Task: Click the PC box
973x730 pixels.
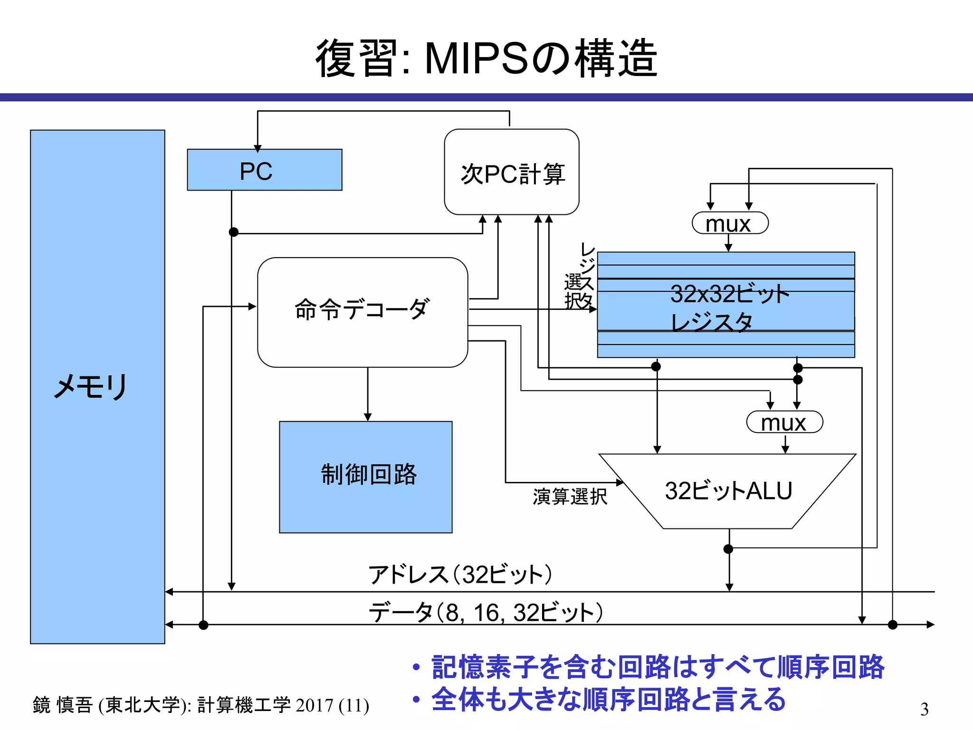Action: tap(264, 170)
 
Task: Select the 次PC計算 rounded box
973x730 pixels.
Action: tap(511, 172)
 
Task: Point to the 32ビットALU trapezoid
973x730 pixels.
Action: tap(727, 491)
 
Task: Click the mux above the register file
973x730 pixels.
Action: tap(730, 223)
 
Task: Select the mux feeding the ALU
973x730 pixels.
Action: tap(784, 422)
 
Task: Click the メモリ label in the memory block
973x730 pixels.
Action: tap(90, 386)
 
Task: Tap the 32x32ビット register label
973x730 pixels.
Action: tap(729, 294)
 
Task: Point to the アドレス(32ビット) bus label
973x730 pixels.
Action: tap(460, 575)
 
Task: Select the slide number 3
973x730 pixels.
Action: tap(924, 709)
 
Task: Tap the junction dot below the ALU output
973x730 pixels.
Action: tap(728, 549)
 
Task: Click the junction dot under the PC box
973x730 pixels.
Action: tap(233, 232)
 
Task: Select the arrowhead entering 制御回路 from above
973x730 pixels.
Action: tap(367, 417)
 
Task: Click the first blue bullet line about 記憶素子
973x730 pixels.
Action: tap(658, 667)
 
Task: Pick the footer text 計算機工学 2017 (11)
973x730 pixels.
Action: tap(283, 705)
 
